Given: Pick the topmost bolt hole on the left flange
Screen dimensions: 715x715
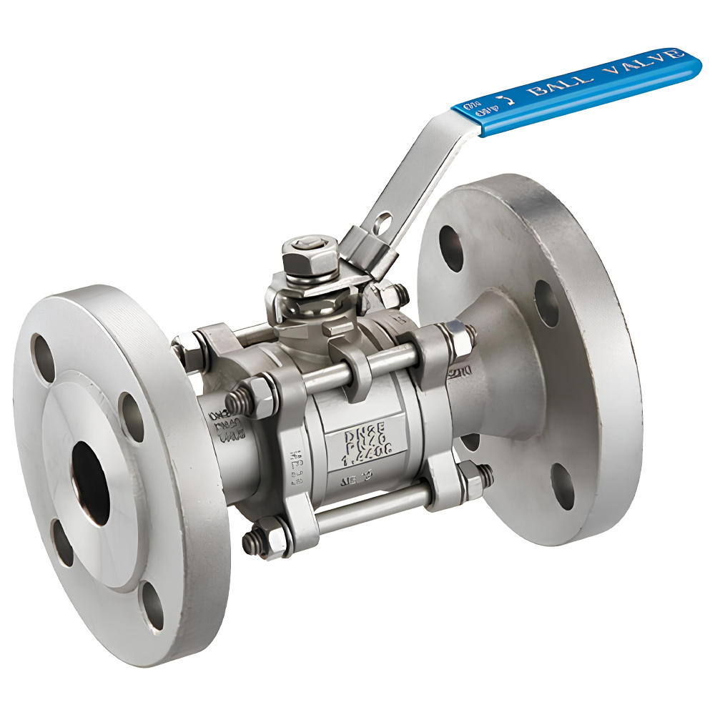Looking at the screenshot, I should pyautogui.click(x=41, y=351).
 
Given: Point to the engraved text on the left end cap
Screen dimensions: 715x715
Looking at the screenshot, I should pyautogui.click(x=223, y=425).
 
